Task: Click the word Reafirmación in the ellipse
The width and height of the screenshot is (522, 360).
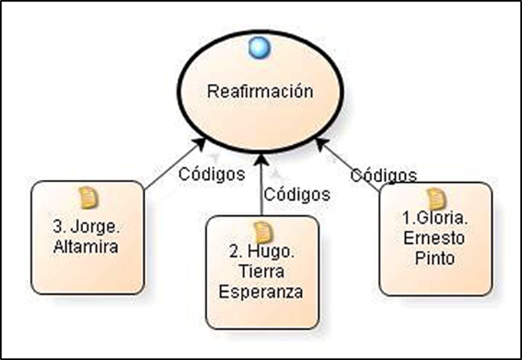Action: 261,92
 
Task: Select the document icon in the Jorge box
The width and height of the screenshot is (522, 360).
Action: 87,196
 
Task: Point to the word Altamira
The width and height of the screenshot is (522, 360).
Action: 87,246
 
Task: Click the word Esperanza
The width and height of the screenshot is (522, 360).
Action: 261,292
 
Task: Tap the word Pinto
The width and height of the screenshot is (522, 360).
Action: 435,258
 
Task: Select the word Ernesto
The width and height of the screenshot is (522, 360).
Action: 435,238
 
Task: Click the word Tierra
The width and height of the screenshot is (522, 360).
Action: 261,272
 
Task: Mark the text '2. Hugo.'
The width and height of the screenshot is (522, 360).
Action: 261,252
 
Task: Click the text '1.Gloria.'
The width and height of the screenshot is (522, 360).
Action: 435,218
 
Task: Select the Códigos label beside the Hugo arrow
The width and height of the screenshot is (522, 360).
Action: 297,194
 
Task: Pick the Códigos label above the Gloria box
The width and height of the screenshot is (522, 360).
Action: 384,174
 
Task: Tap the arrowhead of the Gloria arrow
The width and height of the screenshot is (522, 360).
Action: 321,143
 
